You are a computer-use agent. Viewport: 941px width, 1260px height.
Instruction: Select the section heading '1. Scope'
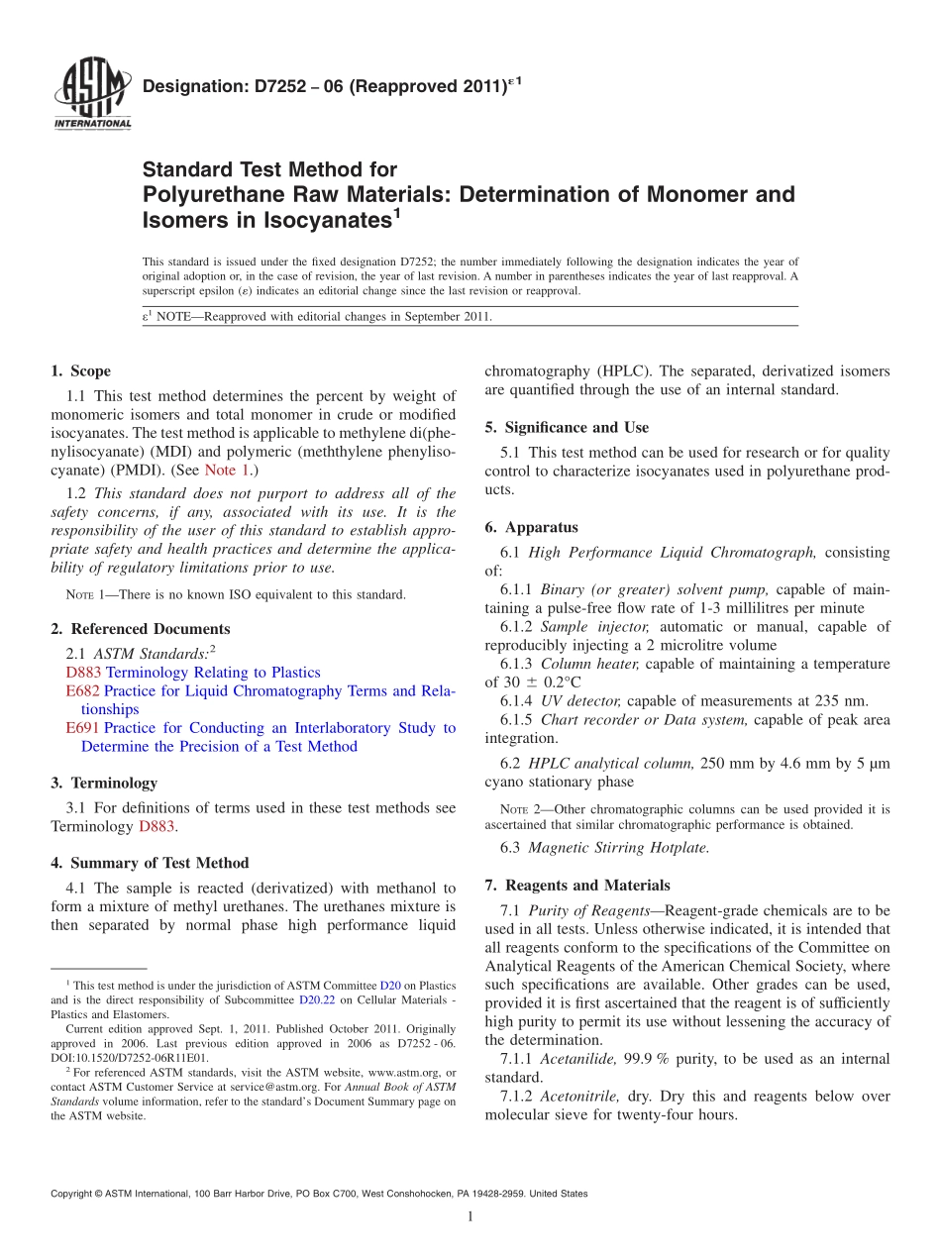pyautogui.click(x=81, y=371)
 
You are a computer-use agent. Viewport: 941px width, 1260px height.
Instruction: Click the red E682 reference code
pyautogui.click(x=82, y=690)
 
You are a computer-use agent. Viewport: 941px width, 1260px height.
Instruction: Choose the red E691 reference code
pyautogui.click(x=82, y=728)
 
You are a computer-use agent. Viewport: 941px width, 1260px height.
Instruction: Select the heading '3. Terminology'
pyautogui.click(x=104, y=783)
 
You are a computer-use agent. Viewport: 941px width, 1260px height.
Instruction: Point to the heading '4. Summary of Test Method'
pyautogui.click(x=150, y=863)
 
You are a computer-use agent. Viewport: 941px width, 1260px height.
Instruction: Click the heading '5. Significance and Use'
pyautogui.click(x=567, y=427)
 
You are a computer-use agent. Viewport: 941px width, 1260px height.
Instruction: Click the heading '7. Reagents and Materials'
pyautogui.click(x=577, y=885)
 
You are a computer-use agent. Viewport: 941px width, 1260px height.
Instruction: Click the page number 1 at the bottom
pyautogui.click(x=470, y=1216)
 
